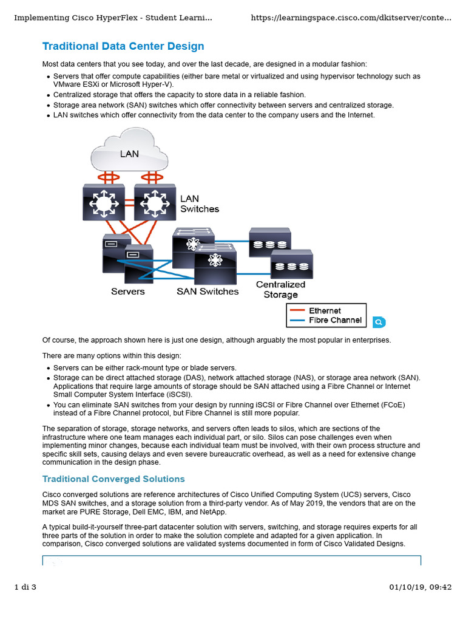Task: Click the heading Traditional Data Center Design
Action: (x=123, y=47)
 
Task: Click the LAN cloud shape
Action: (x=129, y=152)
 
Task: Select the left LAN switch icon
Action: (x=103, y=202)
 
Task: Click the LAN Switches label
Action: (x=199, y=204)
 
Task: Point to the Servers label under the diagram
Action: (x=127, y=292)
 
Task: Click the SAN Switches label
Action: (x=208, y=292)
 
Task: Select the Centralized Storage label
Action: (x=280, y=290)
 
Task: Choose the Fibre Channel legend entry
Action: (x=335, y=320)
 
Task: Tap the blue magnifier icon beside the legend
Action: (x=378, y=322)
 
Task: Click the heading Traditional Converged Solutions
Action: (x=113, y=479)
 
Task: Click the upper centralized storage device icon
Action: (x=269, y=242)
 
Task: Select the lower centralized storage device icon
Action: (x=291, y=264)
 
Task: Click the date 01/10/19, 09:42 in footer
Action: (x=420, y=587)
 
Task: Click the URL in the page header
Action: (x=351, y=18)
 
